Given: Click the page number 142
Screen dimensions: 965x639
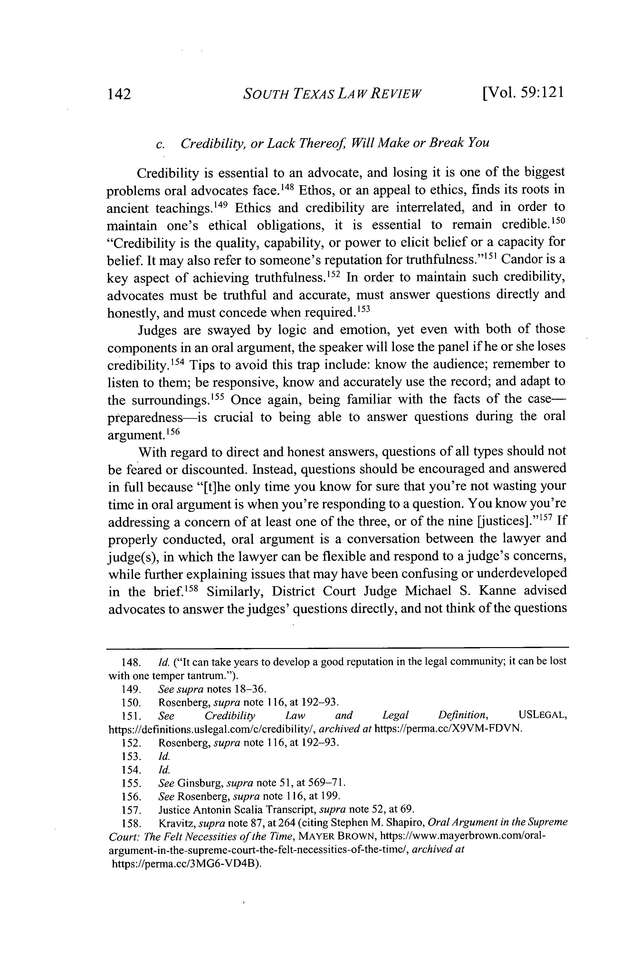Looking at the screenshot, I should (119, 95).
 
